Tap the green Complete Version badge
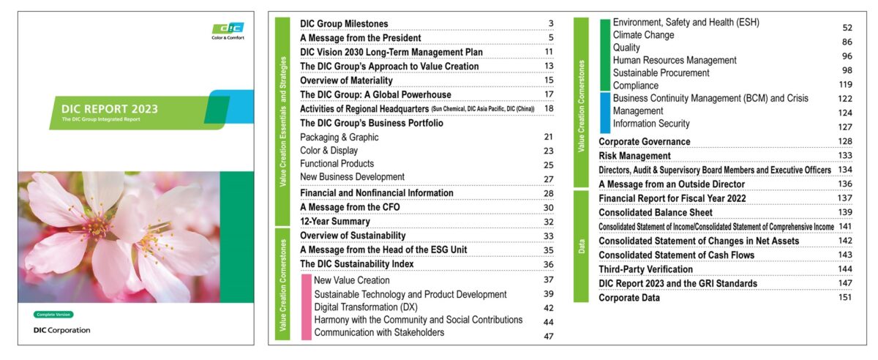(x=53, y=315)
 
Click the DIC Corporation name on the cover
(x=62, y=330)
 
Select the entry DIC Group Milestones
(x=344, y=24)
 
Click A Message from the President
(x=360, y=38)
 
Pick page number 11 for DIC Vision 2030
(x=548, y=52)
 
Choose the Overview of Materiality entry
(x=346, y=80)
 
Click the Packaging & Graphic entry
(x=339, y=137)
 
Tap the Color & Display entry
(x=329, y=150)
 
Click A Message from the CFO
(x=350, y=207)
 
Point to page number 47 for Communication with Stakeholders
(x=548, y=336)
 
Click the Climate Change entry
(x=643, y=35)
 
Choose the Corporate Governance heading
(x=644, y=142)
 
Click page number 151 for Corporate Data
(x=845, y=298)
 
